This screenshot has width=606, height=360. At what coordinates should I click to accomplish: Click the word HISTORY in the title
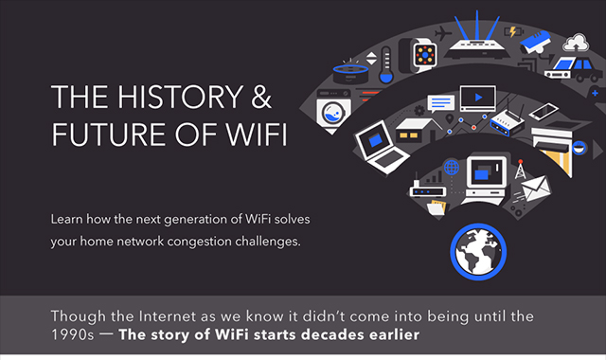tap(180, 97)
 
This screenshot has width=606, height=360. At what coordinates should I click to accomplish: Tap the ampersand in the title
tap(261, 97)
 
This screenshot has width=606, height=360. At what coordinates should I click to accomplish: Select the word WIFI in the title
tap(257, 135)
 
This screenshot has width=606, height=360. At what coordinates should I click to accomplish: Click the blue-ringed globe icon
tap(478, 252)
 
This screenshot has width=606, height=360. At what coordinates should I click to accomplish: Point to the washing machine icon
tap(332, 111)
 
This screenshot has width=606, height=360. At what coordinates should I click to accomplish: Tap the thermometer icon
tap(386, 65)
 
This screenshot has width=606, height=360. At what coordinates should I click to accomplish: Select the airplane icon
tap(442, 33)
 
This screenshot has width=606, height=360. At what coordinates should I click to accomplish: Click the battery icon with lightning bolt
tap(513, 31)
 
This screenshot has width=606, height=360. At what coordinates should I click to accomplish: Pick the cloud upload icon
tap(576, 43)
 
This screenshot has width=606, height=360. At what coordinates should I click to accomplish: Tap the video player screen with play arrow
tap(477, 99)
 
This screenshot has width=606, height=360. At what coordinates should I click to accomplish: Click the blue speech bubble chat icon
tap(440, 103)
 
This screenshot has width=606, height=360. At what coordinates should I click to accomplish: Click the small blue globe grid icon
tap(452, 168)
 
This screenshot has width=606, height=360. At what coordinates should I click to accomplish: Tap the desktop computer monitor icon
tap(486, 180)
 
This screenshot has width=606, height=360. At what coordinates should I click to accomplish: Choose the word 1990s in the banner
tap(72, 334)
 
